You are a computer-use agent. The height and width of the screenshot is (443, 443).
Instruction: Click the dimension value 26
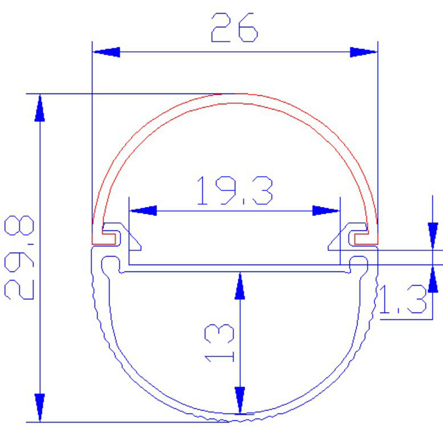click(x=234, y=27)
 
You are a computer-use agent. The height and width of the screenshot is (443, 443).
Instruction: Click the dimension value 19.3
click(x=235, y=190)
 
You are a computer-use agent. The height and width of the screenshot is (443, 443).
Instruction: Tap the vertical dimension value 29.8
click(x=19, y=257)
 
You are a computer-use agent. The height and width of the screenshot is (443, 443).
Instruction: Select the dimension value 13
click(x=220, y=343)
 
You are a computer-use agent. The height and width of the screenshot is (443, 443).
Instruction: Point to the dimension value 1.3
click(x=403, y=299)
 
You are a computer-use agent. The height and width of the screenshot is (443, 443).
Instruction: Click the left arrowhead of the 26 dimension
click(x=107, y=52)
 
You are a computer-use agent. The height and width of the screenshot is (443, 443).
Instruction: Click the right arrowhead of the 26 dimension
click(x=364, y=52)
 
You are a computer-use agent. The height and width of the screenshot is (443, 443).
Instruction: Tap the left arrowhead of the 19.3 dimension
click(x=143, y=210)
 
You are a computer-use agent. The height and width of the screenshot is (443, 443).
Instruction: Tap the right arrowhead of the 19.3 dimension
click(x=326, y=210)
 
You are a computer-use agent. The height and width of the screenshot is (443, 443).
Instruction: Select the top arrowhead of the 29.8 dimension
click(x=40, y=108)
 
